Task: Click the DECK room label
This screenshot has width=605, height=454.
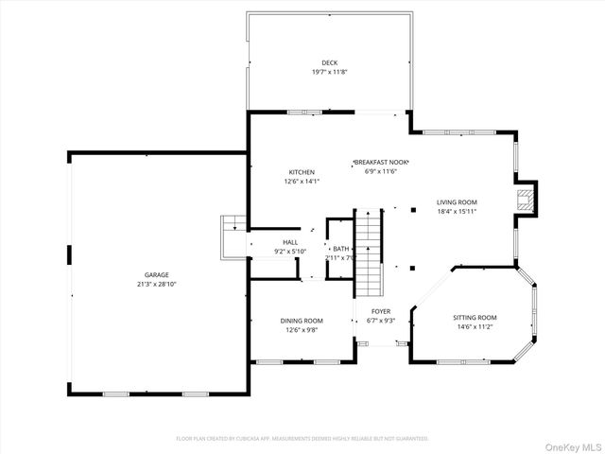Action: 329,63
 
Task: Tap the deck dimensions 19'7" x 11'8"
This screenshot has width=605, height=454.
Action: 329,73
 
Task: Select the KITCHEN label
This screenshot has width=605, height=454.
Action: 302,172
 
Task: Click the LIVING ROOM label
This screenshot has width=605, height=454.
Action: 457,202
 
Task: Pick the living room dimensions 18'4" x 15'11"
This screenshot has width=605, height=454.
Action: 457,212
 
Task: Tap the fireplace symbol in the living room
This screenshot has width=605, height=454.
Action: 524,198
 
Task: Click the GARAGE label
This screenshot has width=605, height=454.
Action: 157,275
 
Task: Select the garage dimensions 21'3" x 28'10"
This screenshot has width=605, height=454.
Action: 157,285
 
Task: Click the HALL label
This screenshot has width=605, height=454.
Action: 290,243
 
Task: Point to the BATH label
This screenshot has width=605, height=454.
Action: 340,248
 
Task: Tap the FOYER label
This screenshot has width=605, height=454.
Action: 380,311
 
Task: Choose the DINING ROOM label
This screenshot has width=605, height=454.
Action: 302,321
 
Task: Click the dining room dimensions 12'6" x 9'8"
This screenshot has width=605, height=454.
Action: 302,330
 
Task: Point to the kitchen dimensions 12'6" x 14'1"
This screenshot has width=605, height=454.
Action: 302,182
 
